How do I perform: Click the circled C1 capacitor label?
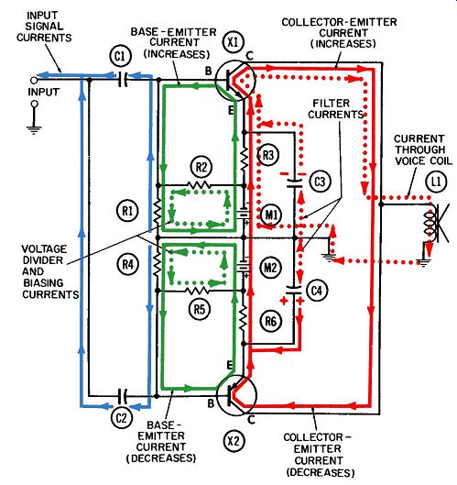[x=121, y=56]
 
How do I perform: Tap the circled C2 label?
[x=121, y=418]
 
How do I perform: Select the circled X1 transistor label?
[x=233, y=42]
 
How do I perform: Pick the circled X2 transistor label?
[x=234, y=441]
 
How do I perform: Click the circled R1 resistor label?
[x=127, y=211]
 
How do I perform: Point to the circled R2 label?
[x=201, y=167]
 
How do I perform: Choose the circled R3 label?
[x=268, y=155]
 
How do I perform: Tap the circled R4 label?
[x=128, y=264]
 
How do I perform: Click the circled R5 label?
[x=200, y=309]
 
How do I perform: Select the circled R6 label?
[x=271, y=322]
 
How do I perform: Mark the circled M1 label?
[x=271, y=215]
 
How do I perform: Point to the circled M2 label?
[x=270, y=267]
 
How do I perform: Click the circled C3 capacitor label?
[x=320, y=182]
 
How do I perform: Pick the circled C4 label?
[x=317, y=291]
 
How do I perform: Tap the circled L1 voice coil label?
[x=436, y=182]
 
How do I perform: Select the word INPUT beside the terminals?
[x=44, y=92]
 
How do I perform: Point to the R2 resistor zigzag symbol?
[x=199, y=185]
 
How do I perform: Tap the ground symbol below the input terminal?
[x=34, y=129]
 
